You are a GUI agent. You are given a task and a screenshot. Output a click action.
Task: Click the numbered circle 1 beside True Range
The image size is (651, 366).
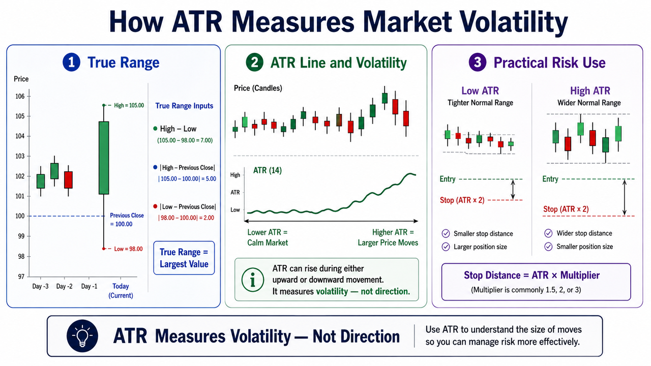(71, 63)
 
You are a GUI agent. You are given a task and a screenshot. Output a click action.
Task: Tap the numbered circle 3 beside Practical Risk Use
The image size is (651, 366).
(477, 63)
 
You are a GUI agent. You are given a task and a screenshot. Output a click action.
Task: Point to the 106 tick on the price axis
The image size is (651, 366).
(20, 97)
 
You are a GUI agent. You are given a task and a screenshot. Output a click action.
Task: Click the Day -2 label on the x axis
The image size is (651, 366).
(64, 286)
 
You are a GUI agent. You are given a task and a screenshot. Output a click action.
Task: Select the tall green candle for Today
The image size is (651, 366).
(104, 158)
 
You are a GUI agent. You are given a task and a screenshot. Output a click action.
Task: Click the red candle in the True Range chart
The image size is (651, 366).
(68, 180)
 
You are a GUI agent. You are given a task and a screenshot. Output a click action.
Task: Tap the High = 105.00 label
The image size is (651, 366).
(129, 105)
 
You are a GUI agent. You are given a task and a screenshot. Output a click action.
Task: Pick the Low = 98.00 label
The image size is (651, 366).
(128, 249)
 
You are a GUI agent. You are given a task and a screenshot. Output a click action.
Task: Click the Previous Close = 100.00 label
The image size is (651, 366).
(127, 220)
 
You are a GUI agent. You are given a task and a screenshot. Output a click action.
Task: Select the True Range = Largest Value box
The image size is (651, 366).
(184, 258)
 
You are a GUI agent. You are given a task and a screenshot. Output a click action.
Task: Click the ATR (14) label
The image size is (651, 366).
(268, 170)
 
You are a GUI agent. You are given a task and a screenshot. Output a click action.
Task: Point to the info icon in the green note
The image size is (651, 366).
(253, 280)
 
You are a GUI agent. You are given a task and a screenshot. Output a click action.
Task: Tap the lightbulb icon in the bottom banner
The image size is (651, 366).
(82, 336)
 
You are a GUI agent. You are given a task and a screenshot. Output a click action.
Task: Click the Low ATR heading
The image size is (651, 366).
(480, 91)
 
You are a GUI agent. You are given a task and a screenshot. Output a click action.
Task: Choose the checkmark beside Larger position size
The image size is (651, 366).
(446, 247)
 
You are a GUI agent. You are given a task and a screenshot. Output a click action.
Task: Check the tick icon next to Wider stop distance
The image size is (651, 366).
(548, 233)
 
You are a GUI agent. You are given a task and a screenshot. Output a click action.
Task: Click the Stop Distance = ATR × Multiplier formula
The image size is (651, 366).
(531, 275)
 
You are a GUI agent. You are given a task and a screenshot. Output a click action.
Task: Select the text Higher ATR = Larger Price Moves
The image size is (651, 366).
(388, 237)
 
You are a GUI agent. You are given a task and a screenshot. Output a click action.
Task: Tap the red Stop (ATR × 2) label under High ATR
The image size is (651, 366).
(566, 209)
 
